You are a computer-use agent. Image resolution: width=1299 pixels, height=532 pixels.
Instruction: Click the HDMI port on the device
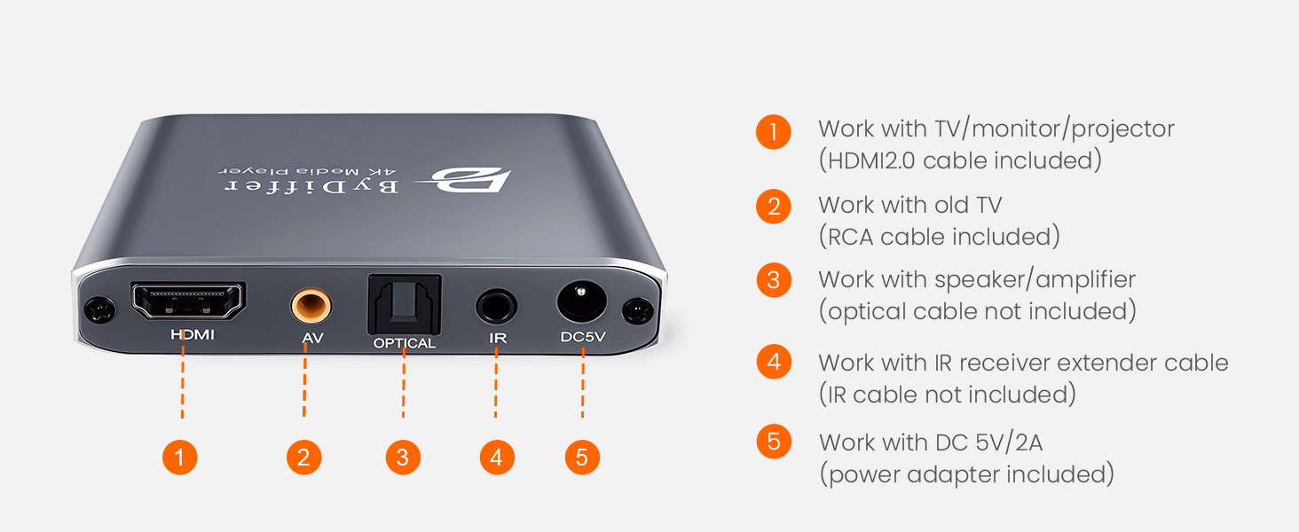[x=188, y=301]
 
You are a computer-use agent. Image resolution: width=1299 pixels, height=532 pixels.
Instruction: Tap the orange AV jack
[x=311, y=307]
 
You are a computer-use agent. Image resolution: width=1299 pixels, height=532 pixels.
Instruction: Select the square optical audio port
[x=403, y=304]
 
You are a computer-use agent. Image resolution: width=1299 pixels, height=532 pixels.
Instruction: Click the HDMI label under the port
[x=192, y=336]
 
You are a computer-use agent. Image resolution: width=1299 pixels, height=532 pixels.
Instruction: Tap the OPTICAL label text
[x=405, y=343]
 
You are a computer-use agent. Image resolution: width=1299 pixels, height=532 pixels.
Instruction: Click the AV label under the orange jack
[x=311, y=338]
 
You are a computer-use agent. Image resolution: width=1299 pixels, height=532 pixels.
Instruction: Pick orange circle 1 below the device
[x=180, y=458]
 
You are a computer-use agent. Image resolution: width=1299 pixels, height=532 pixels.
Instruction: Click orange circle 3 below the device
[x=403, y=458]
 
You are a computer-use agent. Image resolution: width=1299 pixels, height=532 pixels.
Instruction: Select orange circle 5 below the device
[x=582, y=458]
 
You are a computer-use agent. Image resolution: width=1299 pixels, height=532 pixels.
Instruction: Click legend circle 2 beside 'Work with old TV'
[x=774, y=207]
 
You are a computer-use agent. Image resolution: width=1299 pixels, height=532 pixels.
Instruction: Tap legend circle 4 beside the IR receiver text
[x=774, y=363]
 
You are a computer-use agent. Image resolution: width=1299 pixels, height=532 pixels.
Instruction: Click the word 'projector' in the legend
[x=1123, y=129]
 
